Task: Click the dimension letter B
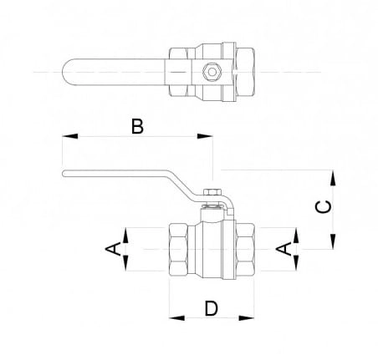tap(137, 126)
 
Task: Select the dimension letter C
tap(324, 207)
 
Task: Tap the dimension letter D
tap(212, 308)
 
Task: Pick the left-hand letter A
tap(113, 249)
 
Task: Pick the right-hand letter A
tap(283, 249)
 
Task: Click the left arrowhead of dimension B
tap(69, 136)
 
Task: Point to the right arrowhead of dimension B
tap(205, 136)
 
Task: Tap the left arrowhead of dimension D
tap(176, 317)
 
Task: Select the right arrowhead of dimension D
tap(247, 317)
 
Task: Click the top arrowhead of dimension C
tap(333, 178)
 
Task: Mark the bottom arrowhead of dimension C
tap(333, 241)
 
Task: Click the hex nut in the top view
tap(212, 72)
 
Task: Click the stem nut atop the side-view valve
tap(212, 192)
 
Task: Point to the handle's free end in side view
tap(64, 174)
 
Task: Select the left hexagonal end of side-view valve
tap(178, 249)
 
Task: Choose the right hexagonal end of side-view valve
tap(245, 249)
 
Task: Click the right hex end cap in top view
tap(245, 72)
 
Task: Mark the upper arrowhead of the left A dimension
tap(125, 236)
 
